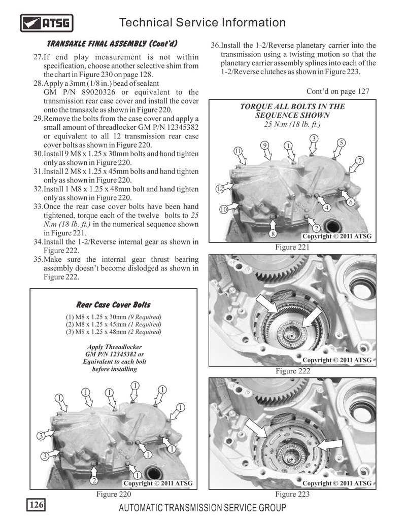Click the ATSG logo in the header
[x=47, y=23]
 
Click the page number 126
[x=36, y=505]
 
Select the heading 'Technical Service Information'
[x=202, y=22]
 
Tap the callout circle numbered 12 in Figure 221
[x=220, y=189]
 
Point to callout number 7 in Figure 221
[x=359, y=161]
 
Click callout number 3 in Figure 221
[x=314, y=139]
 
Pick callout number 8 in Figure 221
[x=273, y=234]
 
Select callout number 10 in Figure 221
[x=223, y=209]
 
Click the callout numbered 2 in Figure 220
[x=93, y=479]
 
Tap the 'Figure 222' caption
[x=292, y=371]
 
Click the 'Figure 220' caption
[x=114, y=494]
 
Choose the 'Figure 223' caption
[x=292, y=494]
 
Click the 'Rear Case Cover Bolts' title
[x=113, y=305]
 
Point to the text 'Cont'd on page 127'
[x=337, y=91]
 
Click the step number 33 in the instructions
[x=37, y=207]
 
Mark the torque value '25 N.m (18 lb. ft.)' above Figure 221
[x=292, y=124]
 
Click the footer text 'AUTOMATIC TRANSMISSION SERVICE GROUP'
[x=202, y=508]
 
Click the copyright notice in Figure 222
[x=337, y=360]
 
